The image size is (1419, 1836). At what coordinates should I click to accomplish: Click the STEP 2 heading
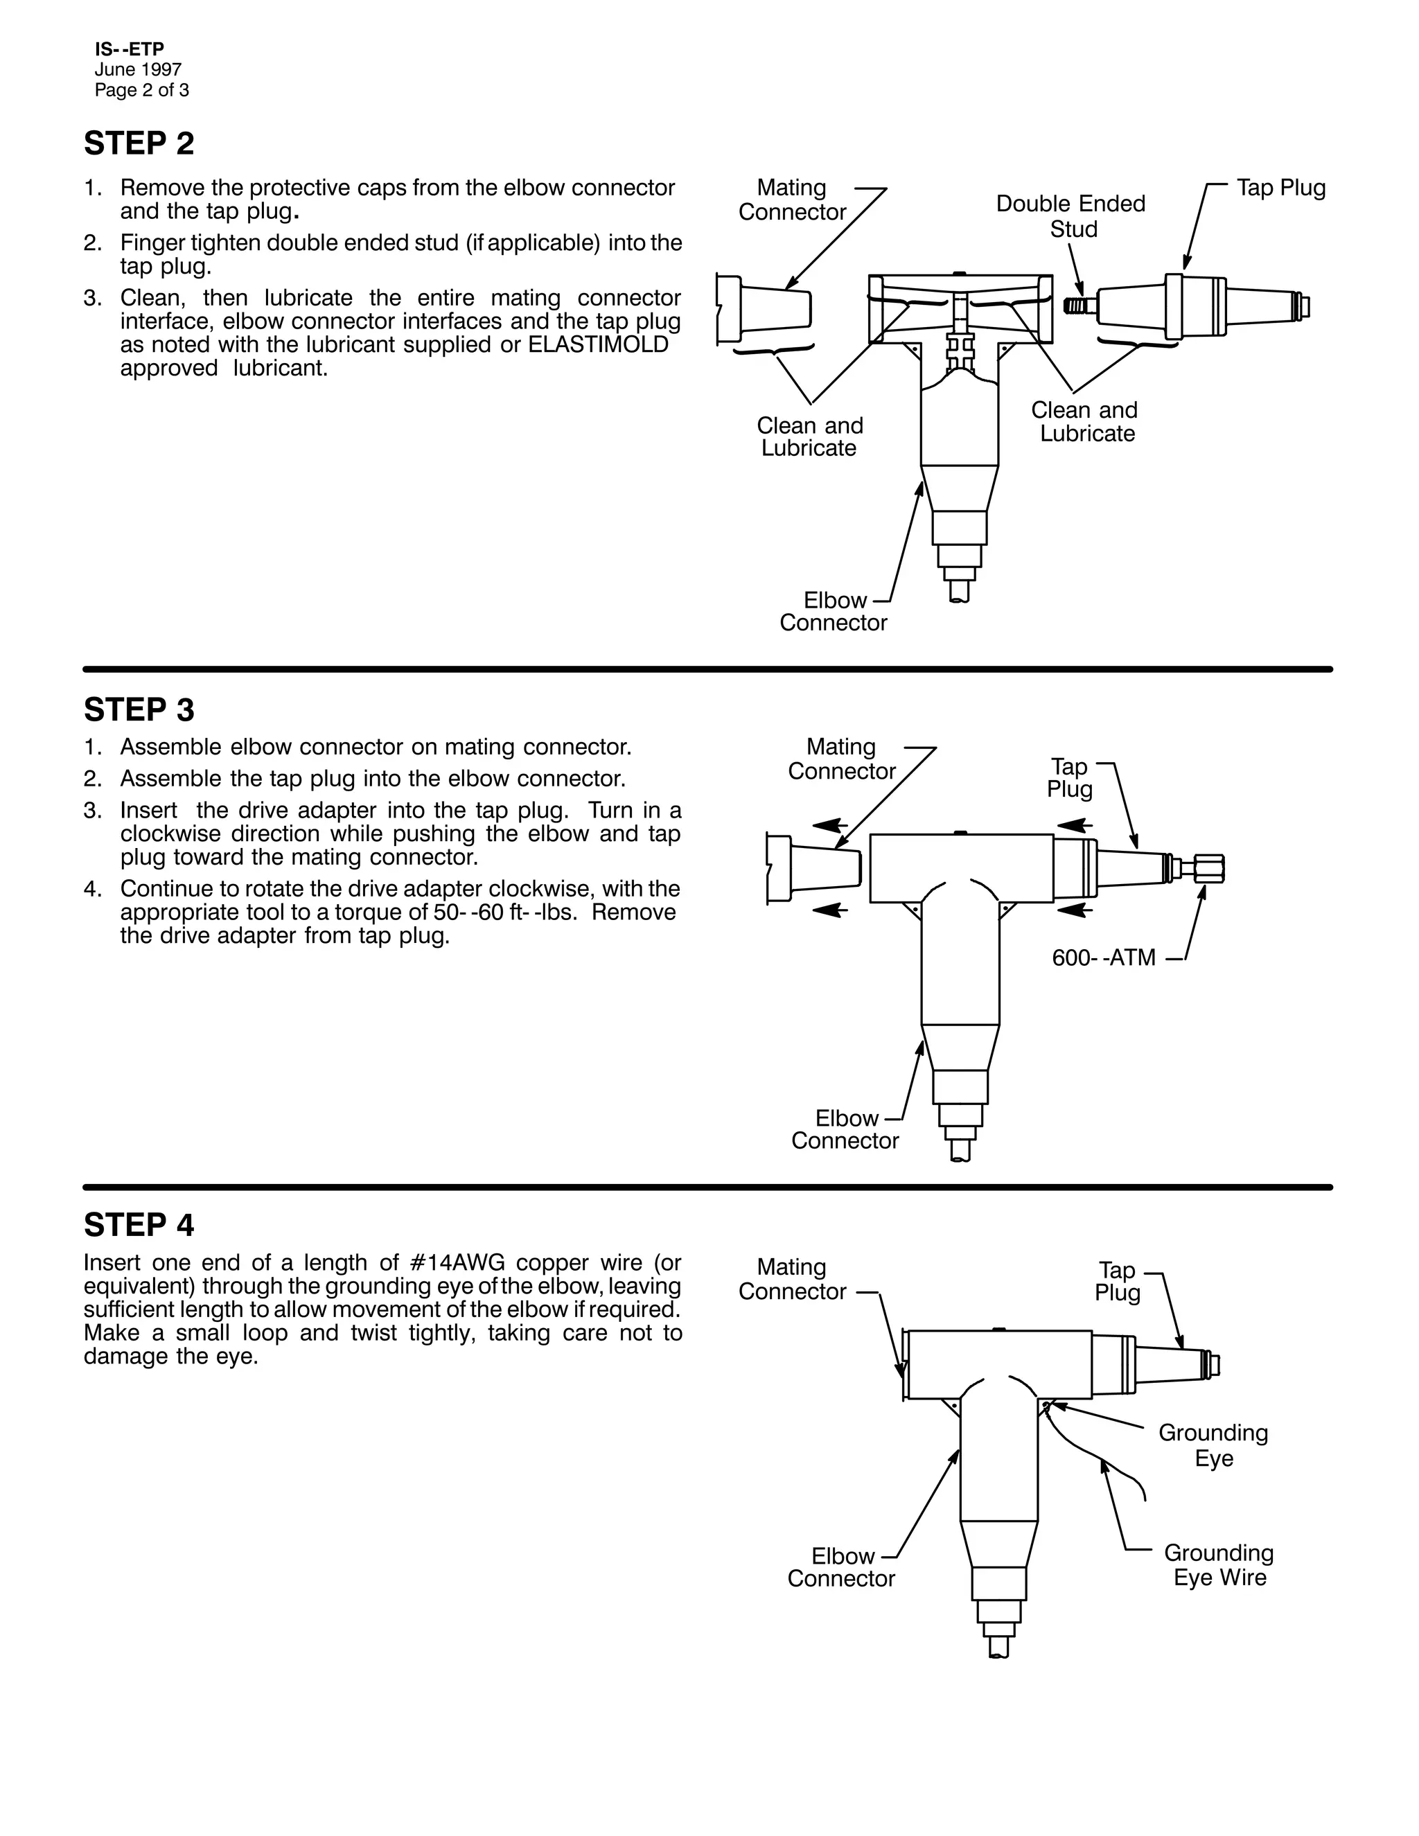tap(139, 143)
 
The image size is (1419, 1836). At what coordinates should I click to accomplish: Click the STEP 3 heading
tap(139, 710)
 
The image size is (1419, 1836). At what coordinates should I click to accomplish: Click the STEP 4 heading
tap(139, 1225)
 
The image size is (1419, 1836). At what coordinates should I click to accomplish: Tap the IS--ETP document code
tap(129, 51)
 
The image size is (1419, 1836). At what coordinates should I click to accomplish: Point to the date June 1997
tap(138, 70)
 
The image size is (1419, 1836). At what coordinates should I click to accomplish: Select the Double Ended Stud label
tap(1071, 216)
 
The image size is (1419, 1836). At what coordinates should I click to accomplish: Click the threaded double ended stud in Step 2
tap(1076, 305)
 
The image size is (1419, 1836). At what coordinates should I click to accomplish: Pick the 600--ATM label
tap(1104, 957)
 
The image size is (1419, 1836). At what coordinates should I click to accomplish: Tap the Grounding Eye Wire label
tap(1219, 1564)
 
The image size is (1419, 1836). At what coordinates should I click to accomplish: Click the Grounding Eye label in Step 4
tap(1213, 1445)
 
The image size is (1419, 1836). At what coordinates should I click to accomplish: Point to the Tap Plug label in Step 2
tap(1280, 188)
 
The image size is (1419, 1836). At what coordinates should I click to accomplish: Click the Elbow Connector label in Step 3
tap(845, 1129)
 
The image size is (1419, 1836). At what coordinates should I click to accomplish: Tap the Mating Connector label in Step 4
tap(792, 1279)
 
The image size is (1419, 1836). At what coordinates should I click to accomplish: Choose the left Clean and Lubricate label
tap(809, 436)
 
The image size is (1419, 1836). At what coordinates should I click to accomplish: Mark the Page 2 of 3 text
tap(142, 90)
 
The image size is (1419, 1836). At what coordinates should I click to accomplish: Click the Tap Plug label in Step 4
tap(1117, 1281)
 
